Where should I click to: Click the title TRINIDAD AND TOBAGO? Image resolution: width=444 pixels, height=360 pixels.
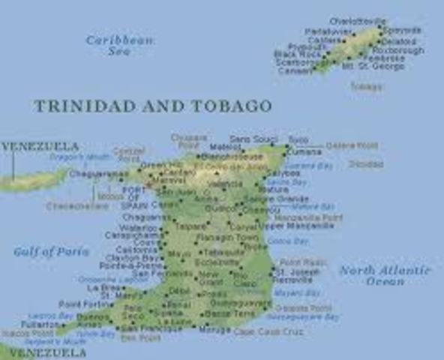pyautogui.click(x=151, y=106)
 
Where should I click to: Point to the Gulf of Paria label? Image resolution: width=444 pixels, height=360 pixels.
pyautogui.click(x=46, y=252)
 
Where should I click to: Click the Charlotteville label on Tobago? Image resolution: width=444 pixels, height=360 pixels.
pyautogui.click(x=358, y=21)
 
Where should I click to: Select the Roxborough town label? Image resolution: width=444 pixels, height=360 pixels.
pyautogui.click(x=398, y=50)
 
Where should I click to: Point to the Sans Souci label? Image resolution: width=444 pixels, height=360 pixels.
pyautogui.click(x=248, y=139)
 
